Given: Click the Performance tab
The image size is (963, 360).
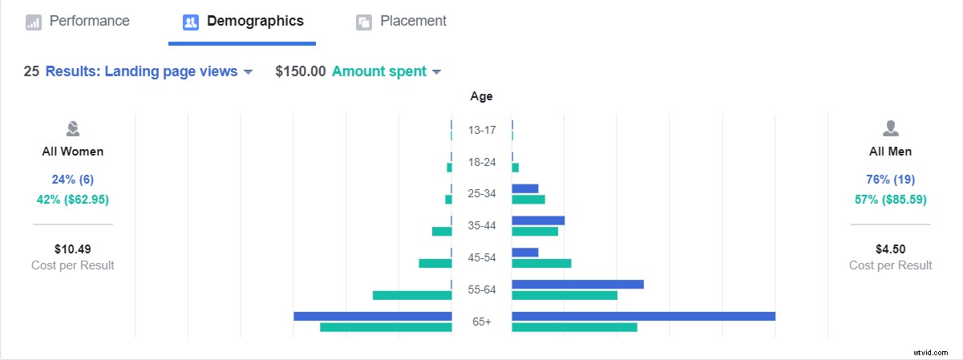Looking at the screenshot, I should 78,22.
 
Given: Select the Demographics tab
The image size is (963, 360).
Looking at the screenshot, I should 243,22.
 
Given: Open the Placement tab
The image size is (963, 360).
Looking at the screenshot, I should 402,22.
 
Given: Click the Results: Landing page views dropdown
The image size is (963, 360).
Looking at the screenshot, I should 149,71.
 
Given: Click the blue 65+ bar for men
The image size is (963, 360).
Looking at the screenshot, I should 643,316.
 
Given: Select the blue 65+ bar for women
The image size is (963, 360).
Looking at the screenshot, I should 373,316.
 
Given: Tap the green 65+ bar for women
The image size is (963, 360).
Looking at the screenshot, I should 386,327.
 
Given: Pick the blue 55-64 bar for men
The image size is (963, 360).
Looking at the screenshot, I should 577,284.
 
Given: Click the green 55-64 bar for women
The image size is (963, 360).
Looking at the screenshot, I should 412,295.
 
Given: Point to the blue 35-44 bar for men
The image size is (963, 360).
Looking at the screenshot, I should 538,220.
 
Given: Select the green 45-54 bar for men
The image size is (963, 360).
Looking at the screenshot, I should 541,263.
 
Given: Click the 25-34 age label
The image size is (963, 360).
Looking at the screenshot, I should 482,194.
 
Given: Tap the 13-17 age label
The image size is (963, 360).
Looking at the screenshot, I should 482,130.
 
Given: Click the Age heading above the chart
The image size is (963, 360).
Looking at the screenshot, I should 481,96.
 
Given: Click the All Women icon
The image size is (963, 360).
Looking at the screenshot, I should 73,128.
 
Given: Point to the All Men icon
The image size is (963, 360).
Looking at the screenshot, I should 890,128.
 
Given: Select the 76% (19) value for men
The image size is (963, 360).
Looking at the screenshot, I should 890,179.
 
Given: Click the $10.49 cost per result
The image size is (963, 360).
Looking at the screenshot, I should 73,249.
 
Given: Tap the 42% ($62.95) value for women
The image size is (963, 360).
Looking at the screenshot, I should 73,199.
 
